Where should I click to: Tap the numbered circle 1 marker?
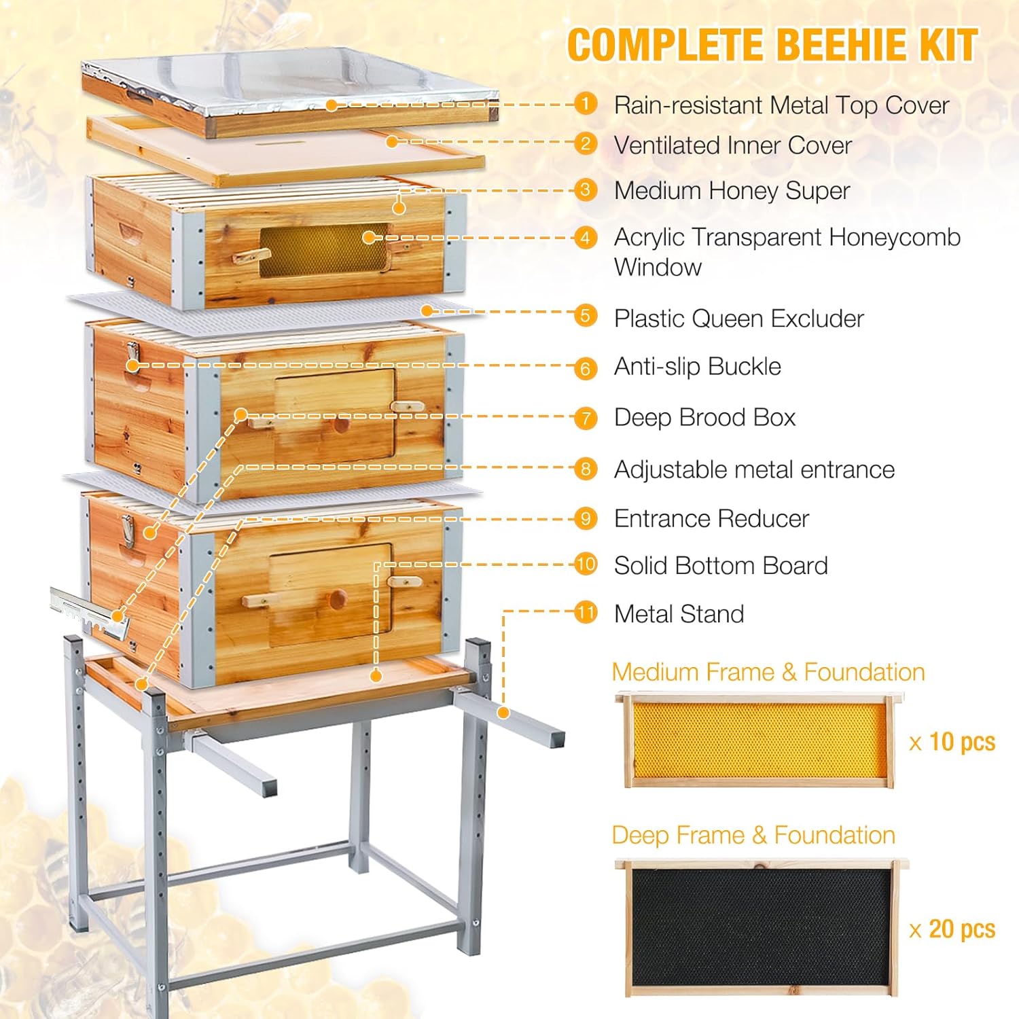tap(585, 104)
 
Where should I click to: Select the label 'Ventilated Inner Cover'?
tap(732, 145)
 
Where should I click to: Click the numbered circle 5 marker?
tap(585, 316)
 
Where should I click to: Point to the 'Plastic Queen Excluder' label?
tap(738, 319)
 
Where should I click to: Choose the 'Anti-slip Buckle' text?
tap(697, 367)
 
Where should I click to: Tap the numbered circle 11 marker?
tap(585, 612)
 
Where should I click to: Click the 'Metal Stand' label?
tap(679, 614)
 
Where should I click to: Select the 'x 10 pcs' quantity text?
tap(952, 742)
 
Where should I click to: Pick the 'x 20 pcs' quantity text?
tap(952, 929)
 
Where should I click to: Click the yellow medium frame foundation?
tap(759, 741)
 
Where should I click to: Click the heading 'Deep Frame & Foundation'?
tap(753, 835)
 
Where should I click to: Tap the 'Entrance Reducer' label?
tap(711, 519)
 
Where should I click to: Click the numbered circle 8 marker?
tap(585, 469)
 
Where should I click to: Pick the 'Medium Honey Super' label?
tap(732, 191)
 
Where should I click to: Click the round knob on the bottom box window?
tap(338, 598)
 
